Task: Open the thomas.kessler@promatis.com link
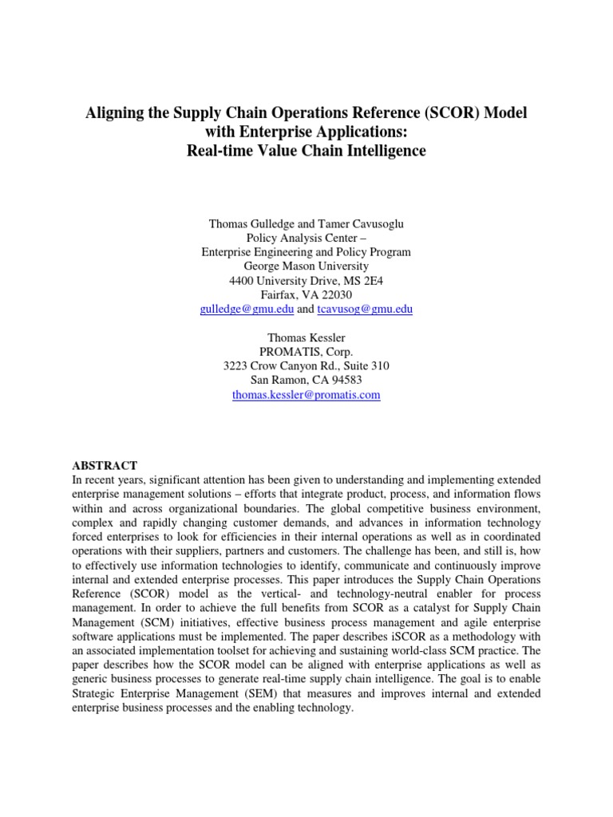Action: [x=306, y=394]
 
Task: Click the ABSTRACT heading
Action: [x=105, y=465]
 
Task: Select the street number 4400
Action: [x=243, y=280]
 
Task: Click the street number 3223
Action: [x=237, y=365]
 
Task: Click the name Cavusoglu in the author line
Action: [x=366, y=223]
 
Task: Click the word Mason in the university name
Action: [x=290, y=266]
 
